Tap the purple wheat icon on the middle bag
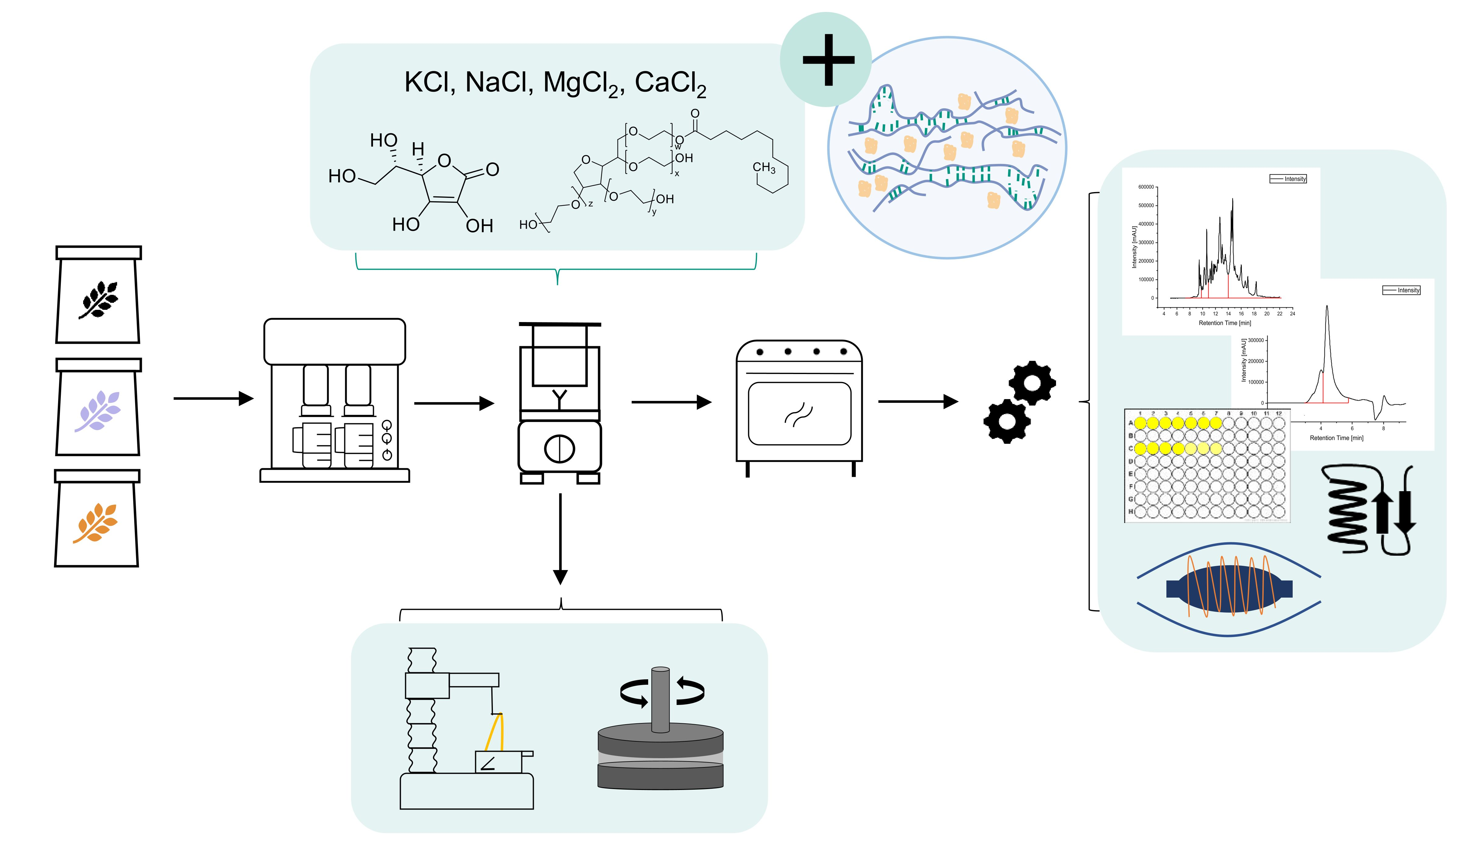tap(98, 411)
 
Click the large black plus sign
tap(828, 59)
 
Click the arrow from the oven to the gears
tap(918, 401)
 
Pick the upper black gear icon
tap(1032, 383)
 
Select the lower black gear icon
tap(1006, 421)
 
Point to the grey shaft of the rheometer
tap(660, 700)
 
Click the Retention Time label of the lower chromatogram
tap(1336, 438)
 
